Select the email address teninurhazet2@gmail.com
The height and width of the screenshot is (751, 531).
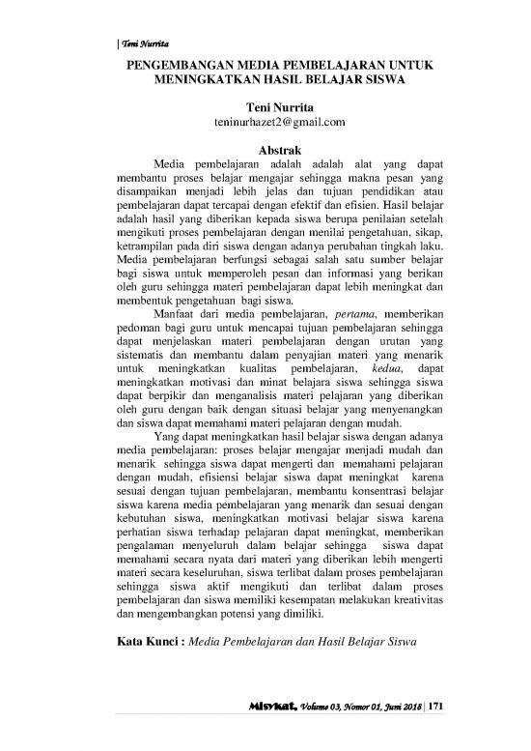click(x=265, y=124)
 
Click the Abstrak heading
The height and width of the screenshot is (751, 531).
click(x=265, y=150)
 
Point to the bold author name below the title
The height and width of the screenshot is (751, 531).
click(x=265, y=108)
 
